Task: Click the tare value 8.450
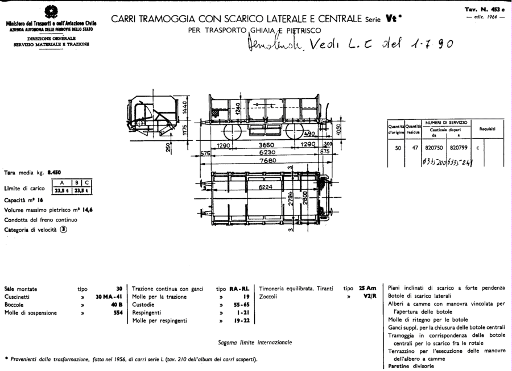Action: click(54, 171)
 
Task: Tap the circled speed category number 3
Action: click(64, 230)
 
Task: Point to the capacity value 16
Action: click(41, 201)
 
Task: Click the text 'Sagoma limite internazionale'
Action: click(255, 343)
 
